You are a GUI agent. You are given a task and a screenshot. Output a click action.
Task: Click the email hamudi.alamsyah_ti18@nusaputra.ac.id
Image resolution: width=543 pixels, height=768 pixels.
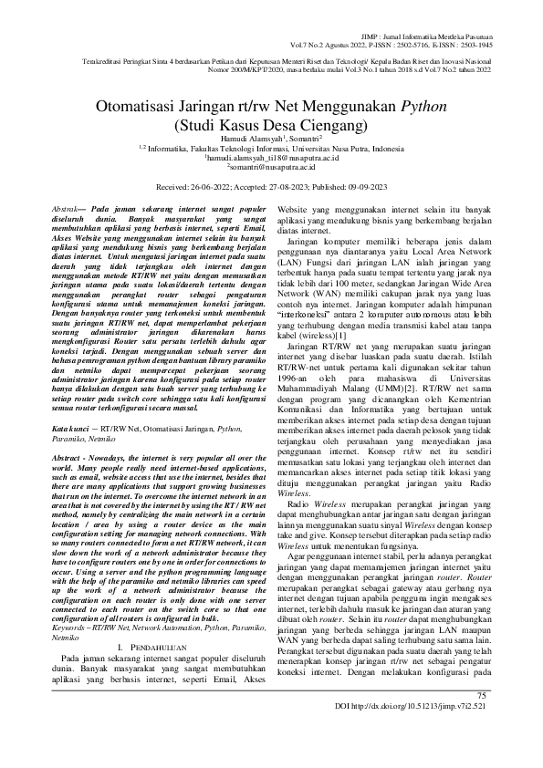pyautogui.click(x=271, y=157)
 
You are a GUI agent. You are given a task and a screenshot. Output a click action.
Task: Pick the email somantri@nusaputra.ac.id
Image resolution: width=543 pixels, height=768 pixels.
pyautogui.click(x=271, y=167)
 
